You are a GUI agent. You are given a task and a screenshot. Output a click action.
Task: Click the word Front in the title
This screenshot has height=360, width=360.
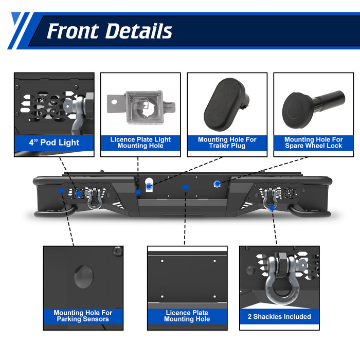click(x=72, y=31)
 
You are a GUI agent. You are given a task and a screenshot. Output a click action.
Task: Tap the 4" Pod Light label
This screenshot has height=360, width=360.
click(x=54, y=142)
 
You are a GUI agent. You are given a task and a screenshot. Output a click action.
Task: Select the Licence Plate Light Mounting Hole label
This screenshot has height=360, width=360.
click(x=140, y=142)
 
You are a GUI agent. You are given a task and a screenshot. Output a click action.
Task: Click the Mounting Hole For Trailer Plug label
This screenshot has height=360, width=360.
click(x=227, y=142)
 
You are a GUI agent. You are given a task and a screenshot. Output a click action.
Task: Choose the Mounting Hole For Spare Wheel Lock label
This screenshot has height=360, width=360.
click(x=313, y=142)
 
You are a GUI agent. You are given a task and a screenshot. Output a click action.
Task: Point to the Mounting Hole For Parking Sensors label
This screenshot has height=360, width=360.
click(x=83, y=315)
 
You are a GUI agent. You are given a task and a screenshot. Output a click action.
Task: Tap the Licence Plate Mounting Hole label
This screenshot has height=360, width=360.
click(x=187, y=315)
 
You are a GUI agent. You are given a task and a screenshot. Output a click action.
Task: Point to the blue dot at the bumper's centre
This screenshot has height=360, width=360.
click(x=185, y=188)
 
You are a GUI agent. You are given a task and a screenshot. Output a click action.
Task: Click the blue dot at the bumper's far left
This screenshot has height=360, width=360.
click(x=62, y=190)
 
